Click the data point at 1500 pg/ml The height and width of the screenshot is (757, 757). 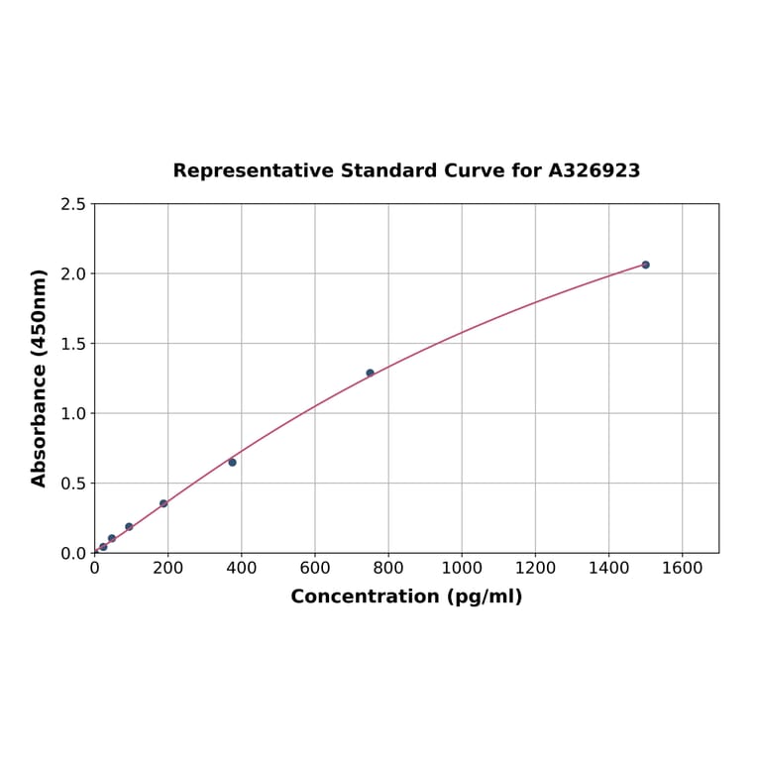645,265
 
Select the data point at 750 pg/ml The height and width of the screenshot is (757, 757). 370,373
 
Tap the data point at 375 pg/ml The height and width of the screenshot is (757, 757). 232,462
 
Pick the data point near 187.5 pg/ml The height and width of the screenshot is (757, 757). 163,503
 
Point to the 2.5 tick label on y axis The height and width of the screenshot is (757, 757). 73,204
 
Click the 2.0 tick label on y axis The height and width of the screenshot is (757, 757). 73,273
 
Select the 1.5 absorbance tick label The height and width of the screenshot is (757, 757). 73,344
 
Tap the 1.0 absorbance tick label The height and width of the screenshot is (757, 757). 73,413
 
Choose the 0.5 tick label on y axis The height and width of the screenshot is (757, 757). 73,484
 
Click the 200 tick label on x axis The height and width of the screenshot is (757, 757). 167,569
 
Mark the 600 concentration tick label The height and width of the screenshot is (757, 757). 315,569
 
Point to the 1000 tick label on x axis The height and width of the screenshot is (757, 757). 462,569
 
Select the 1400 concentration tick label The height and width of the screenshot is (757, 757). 608,569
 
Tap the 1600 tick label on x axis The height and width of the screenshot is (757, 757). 682,569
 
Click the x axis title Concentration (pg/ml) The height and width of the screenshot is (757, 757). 406,596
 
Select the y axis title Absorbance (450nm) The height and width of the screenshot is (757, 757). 40,378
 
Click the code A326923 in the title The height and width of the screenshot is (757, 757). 595,170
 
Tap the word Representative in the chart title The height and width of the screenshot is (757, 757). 253,170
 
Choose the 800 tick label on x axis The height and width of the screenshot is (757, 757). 388,569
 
